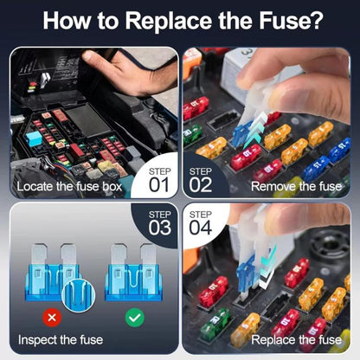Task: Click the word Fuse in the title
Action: coord(291,20)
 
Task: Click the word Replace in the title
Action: coord(169,21)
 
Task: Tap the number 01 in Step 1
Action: coord(159,184)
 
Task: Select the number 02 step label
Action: coord(201,184)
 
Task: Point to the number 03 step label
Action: coord(160,228)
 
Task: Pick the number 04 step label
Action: coord(201,228)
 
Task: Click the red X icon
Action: coord(52,318)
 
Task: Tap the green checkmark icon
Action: coord(135,318)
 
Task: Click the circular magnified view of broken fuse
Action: coord(78,295)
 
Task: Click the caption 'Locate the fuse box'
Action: coord(69,186)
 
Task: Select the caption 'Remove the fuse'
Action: coord(296,186)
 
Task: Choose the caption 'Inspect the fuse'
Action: coord(61,340)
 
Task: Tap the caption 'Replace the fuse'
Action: coord(296,340)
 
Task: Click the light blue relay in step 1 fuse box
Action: coord(34,138)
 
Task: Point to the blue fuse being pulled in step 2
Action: coord(241,133)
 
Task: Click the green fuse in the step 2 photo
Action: coord(192,134)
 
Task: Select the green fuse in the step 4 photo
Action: coord(215,324)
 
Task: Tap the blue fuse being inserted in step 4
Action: coord(246,274)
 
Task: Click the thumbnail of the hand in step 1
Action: coord(130,72)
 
